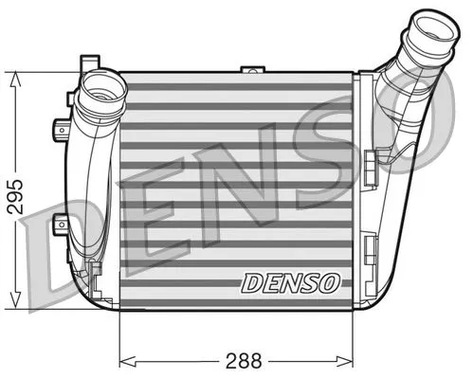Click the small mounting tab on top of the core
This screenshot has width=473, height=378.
click(252, 70)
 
